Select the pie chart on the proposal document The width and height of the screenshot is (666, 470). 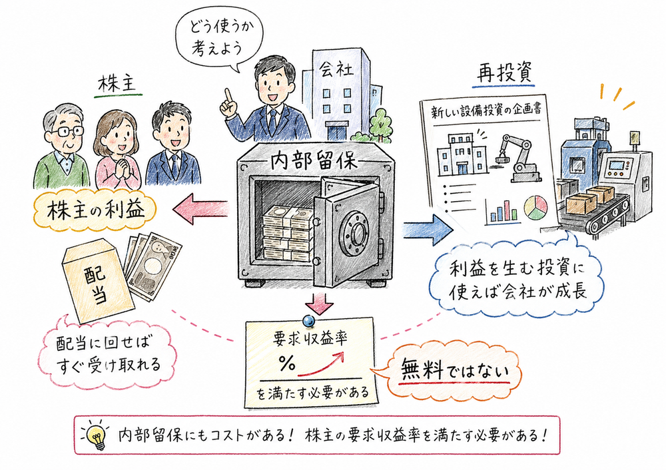click(533, 207)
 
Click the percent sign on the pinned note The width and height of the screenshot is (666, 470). click(287, 363)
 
